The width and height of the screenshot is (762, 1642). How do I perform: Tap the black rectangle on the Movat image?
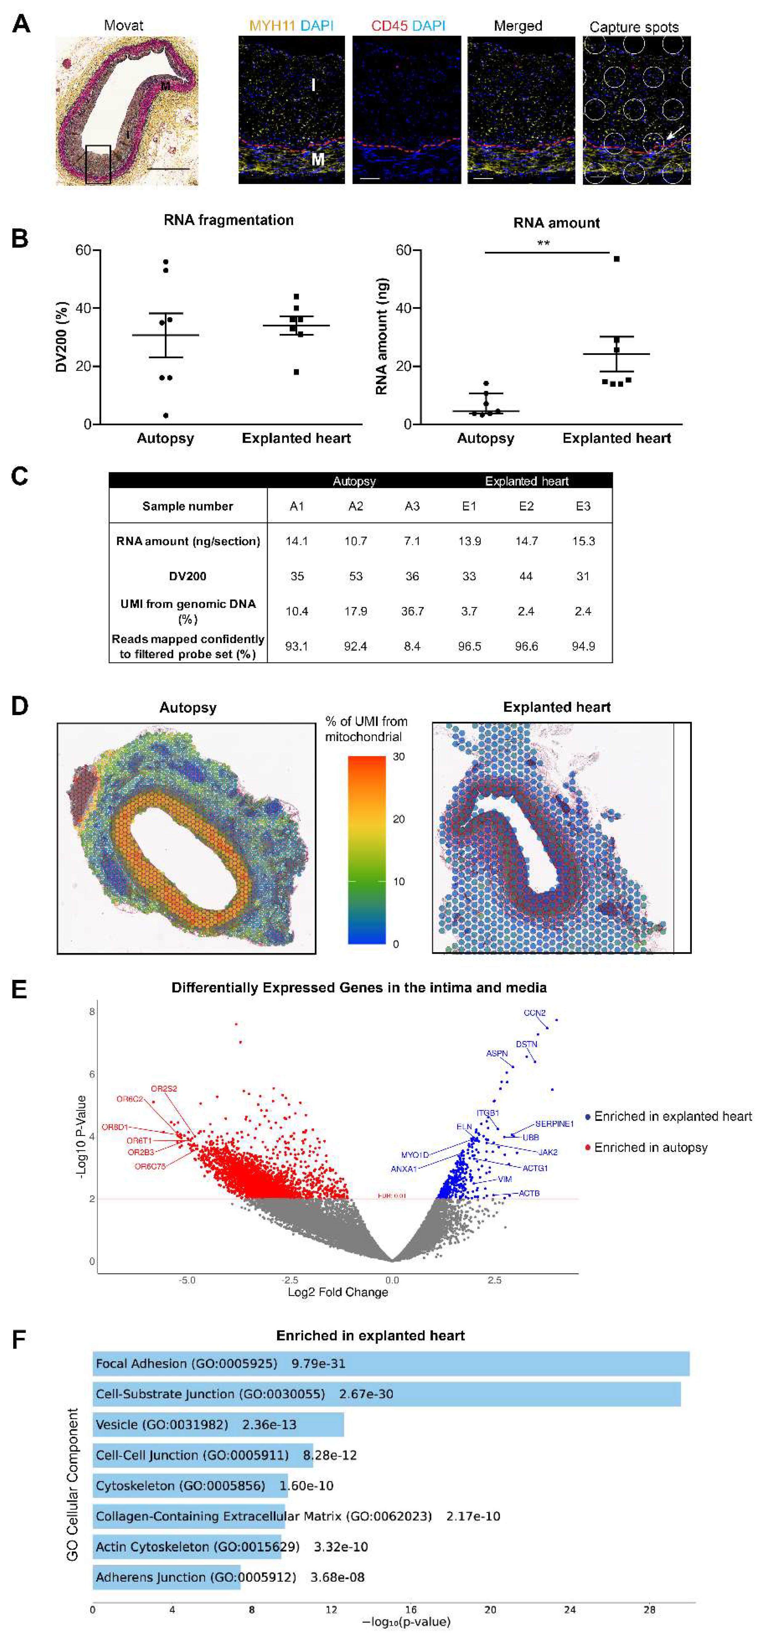click(98, 164)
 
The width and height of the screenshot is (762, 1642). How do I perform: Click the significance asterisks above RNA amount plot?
click(543, 243)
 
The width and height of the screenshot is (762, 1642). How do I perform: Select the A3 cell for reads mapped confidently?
click(412, 646)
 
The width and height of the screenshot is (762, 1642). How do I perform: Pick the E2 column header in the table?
click(526, 506)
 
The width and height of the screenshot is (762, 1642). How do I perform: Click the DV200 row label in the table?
click(187, 576)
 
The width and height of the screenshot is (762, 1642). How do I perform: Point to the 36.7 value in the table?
click(412, 611)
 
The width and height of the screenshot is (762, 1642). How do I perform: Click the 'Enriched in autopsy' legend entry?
click(651, 1147)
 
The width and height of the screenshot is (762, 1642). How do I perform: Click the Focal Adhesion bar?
click(390, 1363)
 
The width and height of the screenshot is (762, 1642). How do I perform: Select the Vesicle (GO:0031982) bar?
click(218, 1425)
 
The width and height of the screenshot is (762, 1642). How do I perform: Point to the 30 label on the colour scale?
click(398, 757)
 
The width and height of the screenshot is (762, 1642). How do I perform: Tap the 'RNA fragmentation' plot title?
click(228, 220)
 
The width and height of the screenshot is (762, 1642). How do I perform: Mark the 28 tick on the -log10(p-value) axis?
click(649, 1609)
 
